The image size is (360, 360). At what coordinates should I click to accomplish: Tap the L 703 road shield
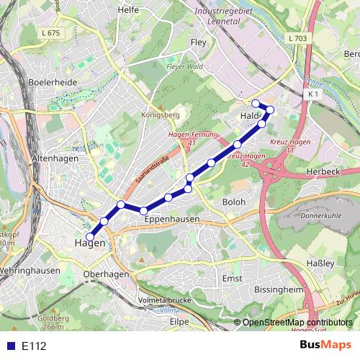coord(295,37)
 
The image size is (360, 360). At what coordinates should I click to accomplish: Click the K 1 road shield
coord(312,94)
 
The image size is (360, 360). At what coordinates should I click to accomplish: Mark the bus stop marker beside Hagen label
coord(90,236)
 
